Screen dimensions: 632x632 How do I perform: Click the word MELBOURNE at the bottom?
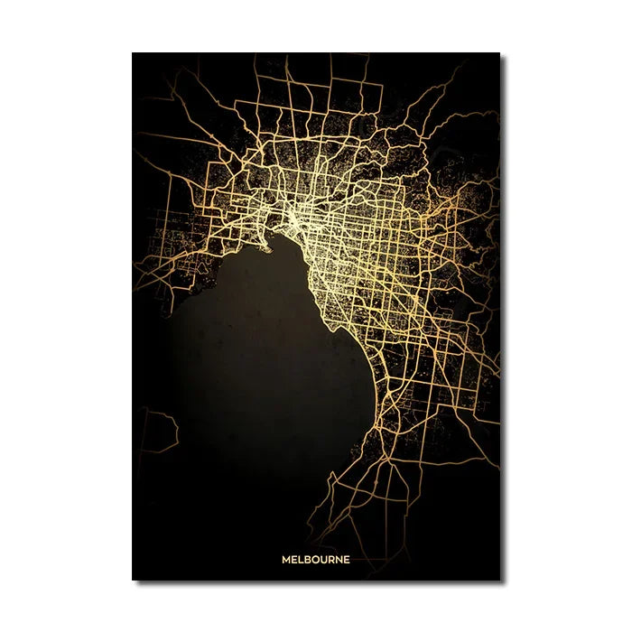pyautogui.click(x=315, y=559)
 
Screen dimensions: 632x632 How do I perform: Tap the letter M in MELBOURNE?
pyautogui.click(x=285, y=559)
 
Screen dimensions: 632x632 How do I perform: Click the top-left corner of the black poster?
pyautogui.click(x=133, y=53)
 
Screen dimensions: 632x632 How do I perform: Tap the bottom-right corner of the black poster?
pyautogui.click(x=499, y=580)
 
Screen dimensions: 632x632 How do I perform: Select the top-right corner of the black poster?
pyautogui.click(x=499, y=53)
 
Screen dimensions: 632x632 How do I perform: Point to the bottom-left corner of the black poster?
pyautogui.click(x=133, y=580)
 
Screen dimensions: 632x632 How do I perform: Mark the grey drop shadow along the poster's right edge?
pyautogui.click(x=503, y=316)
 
